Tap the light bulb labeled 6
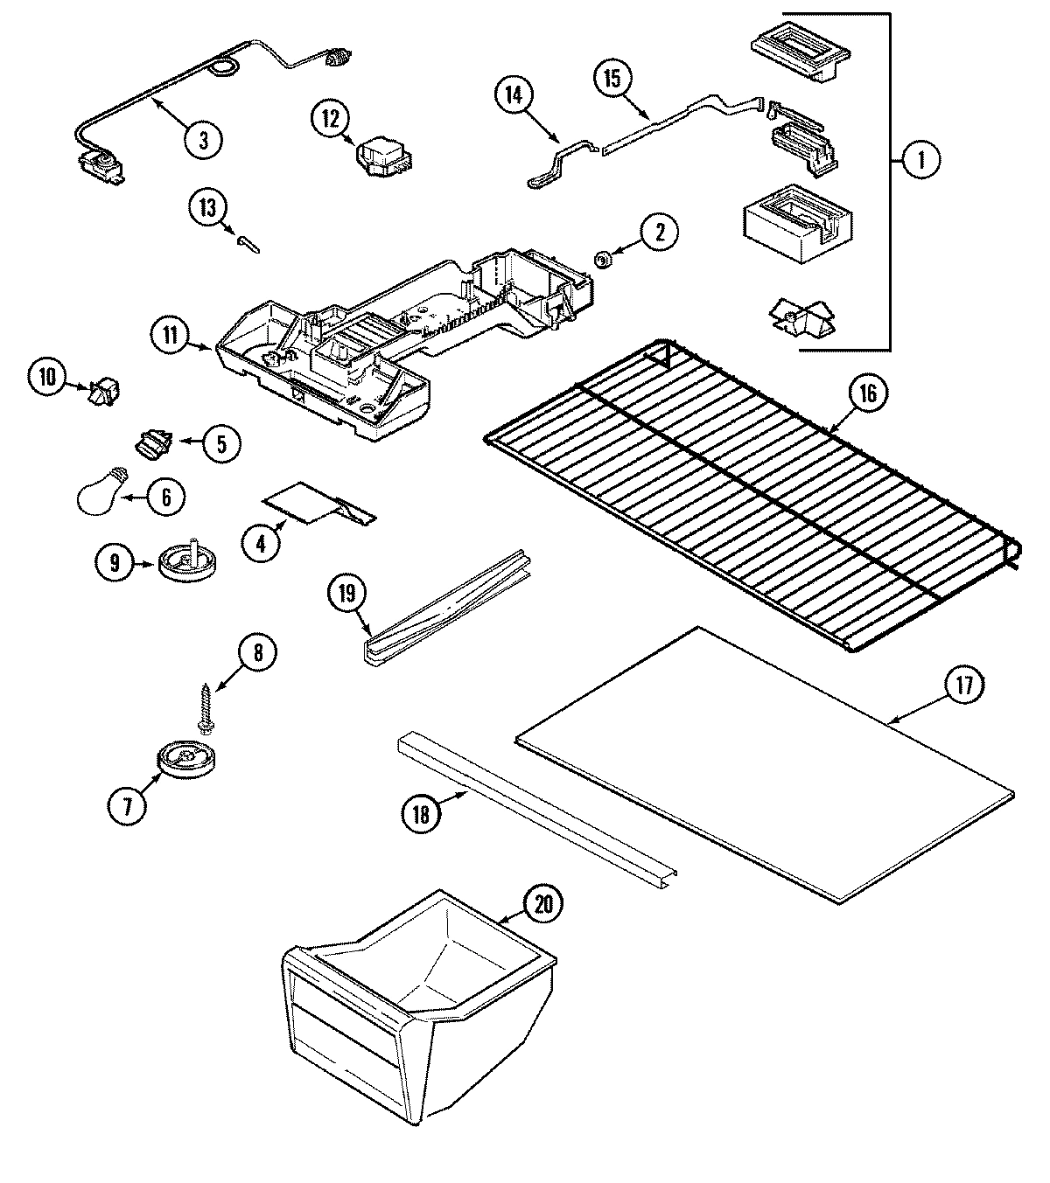pyautogui.click(x=101, y=495)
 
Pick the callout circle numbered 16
pyautogui.click(x=866, y=393)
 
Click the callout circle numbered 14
pyautogui.click(x=514, y=94)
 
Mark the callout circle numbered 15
pyautogui.click(x=612, y=78)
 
